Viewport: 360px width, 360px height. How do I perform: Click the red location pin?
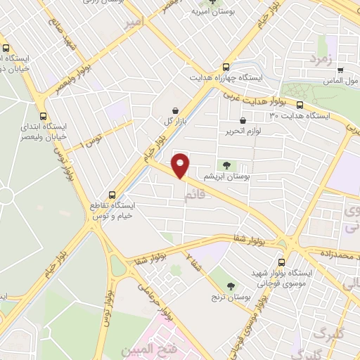pos(181,165)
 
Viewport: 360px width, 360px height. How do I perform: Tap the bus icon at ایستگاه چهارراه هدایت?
pos(225,63)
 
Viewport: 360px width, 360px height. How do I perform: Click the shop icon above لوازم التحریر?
pos(243,121)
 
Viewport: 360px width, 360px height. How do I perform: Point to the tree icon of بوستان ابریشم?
pos(226,165)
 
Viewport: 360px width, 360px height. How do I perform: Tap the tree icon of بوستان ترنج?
pos(232,286)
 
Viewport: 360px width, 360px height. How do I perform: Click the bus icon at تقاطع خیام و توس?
pos(111,195)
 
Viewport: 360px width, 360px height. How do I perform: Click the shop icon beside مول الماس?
pos(340,71)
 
